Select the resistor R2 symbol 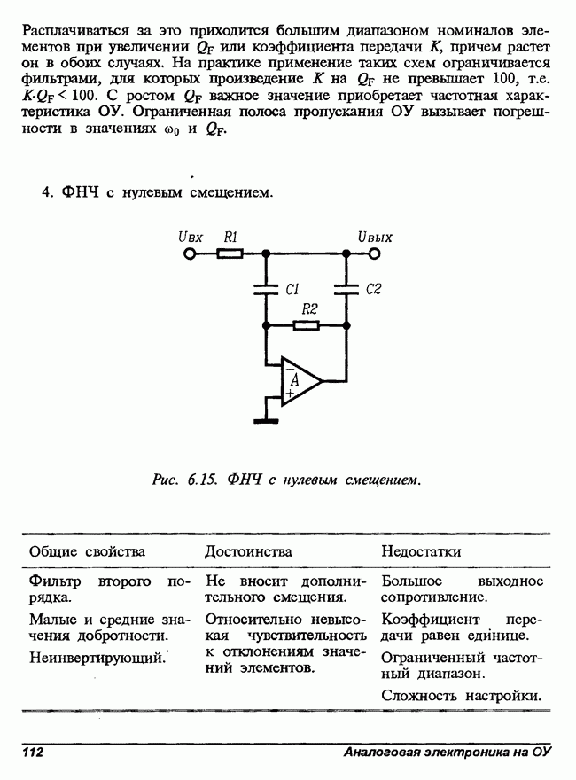[307, 325]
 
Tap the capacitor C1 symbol [265, 288]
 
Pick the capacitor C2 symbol [347, 288]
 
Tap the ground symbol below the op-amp [265, 420]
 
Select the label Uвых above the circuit [375, 237]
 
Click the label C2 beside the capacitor [373, 289]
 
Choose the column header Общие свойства [87, 551]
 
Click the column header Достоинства [248, 551]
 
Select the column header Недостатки [421, 551]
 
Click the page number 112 [32, 753]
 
